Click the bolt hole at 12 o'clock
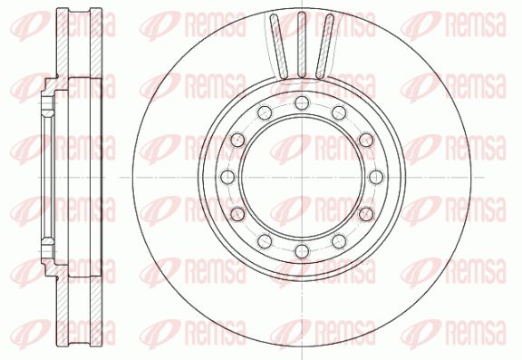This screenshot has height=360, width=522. click(x=302, y=102)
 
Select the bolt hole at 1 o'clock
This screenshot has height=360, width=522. click(x=339, y=112)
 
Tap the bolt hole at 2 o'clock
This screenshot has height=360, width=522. click(x=366, y=140)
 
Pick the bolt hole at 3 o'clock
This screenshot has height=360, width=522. click(x=376, y=177)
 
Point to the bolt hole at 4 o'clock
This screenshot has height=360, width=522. click(x=366, y=214)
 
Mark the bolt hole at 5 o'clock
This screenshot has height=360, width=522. click(x=339, y=241)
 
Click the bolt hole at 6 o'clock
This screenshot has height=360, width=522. click(x=302, y=251)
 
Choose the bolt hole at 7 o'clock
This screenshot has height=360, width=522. click(x=265, y=241)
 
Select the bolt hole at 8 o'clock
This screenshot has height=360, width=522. click(x=237, y=214)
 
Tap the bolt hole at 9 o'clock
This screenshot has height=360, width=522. click(x=227, y=177)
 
